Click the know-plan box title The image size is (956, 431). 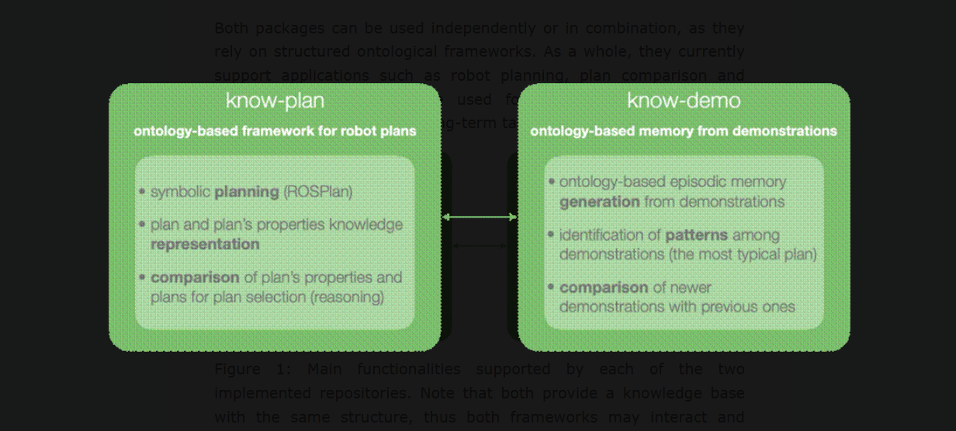pyautogui.click(x=275, y=101)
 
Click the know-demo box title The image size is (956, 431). pyautogui.click(x=684, y=101)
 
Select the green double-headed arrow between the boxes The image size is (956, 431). pyautogui.click(x=480, y=217)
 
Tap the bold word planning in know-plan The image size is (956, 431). pyautogui.click(x=247, y=192)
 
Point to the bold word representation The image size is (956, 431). pyautogui.click(x=205, y=244)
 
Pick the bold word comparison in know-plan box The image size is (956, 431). pyautogui.click(x=195, y=277)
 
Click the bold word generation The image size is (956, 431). pyautogui.click(x=599, y=202)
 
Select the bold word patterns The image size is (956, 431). pyautogui.click(x=696, y=235)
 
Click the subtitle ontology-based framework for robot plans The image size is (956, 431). pyautogui.click(x=275, y=131)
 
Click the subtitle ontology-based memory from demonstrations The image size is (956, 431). pyautogui.click(x=684, y=131)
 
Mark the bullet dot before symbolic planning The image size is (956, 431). pyautogui.click(x=142, y=192)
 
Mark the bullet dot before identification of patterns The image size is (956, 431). pyautogui.click(x=551, y=235)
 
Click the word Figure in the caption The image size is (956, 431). pyautogui.click(x=237, y=369)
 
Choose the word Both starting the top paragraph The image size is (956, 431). pyautogui.click(x=231, y=29)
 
